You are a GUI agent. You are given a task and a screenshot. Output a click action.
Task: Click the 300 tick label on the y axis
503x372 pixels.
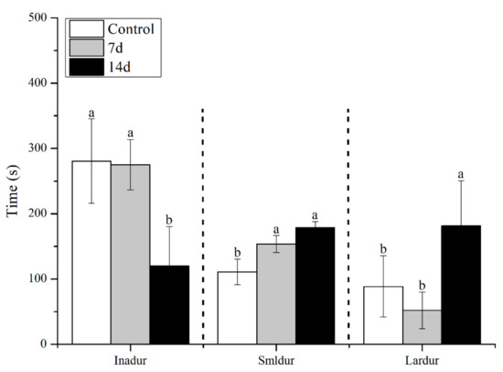click(x=37, y=148)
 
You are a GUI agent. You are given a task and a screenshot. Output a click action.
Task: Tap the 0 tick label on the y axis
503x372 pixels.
click(x=44, y=345)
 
